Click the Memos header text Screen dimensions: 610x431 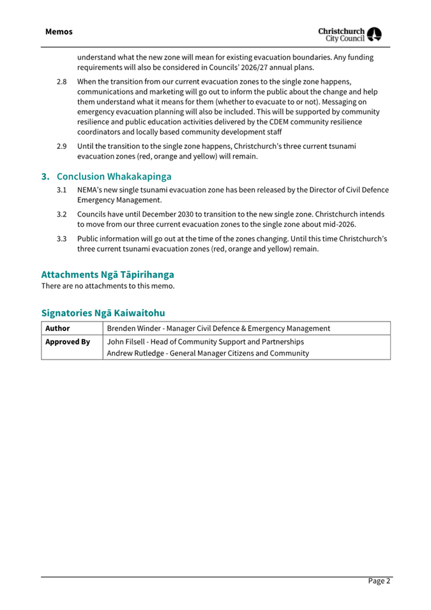(59, 31)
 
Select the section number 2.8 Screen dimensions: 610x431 (61, 82)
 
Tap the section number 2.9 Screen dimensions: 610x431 (61, 146)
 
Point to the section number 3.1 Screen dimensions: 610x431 (61, 190)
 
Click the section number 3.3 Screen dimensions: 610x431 (61, 239)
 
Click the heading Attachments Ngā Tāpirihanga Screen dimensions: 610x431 (107, 274)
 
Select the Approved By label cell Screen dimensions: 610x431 (67, 341)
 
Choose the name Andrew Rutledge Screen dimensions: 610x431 (136, 353)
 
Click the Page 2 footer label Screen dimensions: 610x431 (378, 581)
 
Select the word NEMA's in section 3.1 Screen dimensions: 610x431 (91, 190)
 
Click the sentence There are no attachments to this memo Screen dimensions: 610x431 (107, 286)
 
